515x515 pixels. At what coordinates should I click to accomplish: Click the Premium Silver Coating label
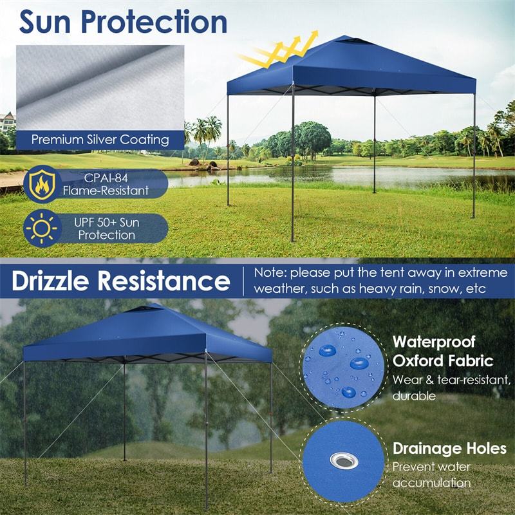(100, 140)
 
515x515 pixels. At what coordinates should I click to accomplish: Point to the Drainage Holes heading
(449, 448)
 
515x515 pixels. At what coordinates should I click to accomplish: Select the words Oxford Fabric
(443, 360)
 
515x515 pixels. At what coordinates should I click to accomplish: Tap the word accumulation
(431, 483)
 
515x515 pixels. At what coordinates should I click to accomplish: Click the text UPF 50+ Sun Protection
(108, 229)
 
